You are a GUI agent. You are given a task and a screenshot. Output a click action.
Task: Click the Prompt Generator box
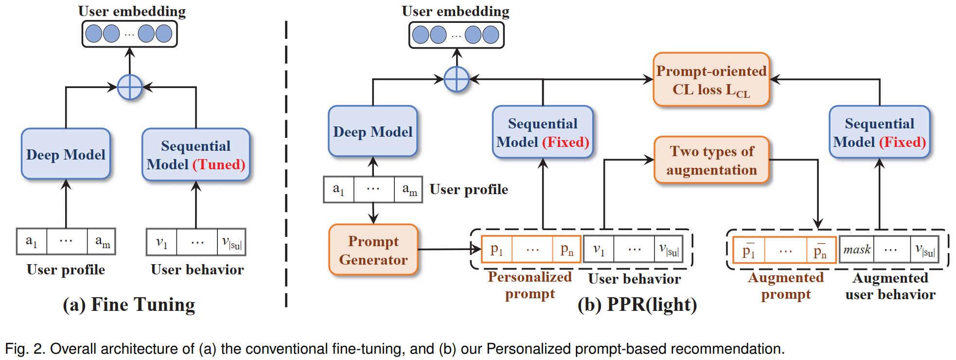[x=373, y=250]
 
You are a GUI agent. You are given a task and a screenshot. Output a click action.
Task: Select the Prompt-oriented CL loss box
[x=711, y=80]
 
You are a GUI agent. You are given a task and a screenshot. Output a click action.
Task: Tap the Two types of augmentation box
[x=711, y=160]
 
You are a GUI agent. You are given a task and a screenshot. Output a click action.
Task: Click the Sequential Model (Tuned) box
[x=195, y=155]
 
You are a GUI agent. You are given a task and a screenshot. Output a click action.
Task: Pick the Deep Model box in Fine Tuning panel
[x=66, y=154]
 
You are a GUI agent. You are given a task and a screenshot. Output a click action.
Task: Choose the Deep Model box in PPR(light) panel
[x=372, y=131]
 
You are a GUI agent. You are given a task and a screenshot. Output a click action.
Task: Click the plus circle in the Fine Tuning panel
[x=130, y=88]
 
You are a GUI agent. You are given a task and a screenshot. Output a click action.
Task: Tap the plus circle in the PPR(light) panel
[x=456, y=79]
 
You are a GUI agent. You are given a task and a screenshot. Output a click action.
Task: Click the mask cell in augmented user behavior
[x=856, y=250]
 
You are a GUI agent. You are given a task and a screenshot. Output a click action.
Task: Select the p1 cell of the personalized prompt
[x=496, y=250]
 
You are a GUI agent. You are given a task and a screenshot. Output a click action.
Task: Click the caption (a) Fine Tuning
[x=129, y=305]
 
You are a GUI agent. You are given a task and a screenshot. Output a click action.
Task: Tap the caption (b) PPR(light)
[x=637, y=305]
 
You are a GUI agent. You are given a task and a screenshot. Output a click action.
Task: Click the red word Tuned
[x=219, y=164]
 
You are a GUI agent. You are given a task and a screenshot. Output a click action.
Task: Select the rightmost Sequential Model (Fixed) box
[x=879, y=132]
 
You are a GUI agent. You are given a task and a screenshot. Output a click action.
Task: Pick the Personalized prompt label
[x=530, y=285]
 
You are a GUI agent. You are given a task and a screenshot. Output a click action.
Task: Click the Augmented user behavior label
[x=890, y=286]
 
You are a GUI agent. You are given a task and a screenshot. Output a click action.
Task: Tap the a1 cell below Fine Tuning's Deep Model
[x=32, y=241]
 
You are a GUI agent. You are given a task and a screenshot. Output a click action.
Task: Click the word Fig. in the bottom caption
[x=16, y=349]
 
